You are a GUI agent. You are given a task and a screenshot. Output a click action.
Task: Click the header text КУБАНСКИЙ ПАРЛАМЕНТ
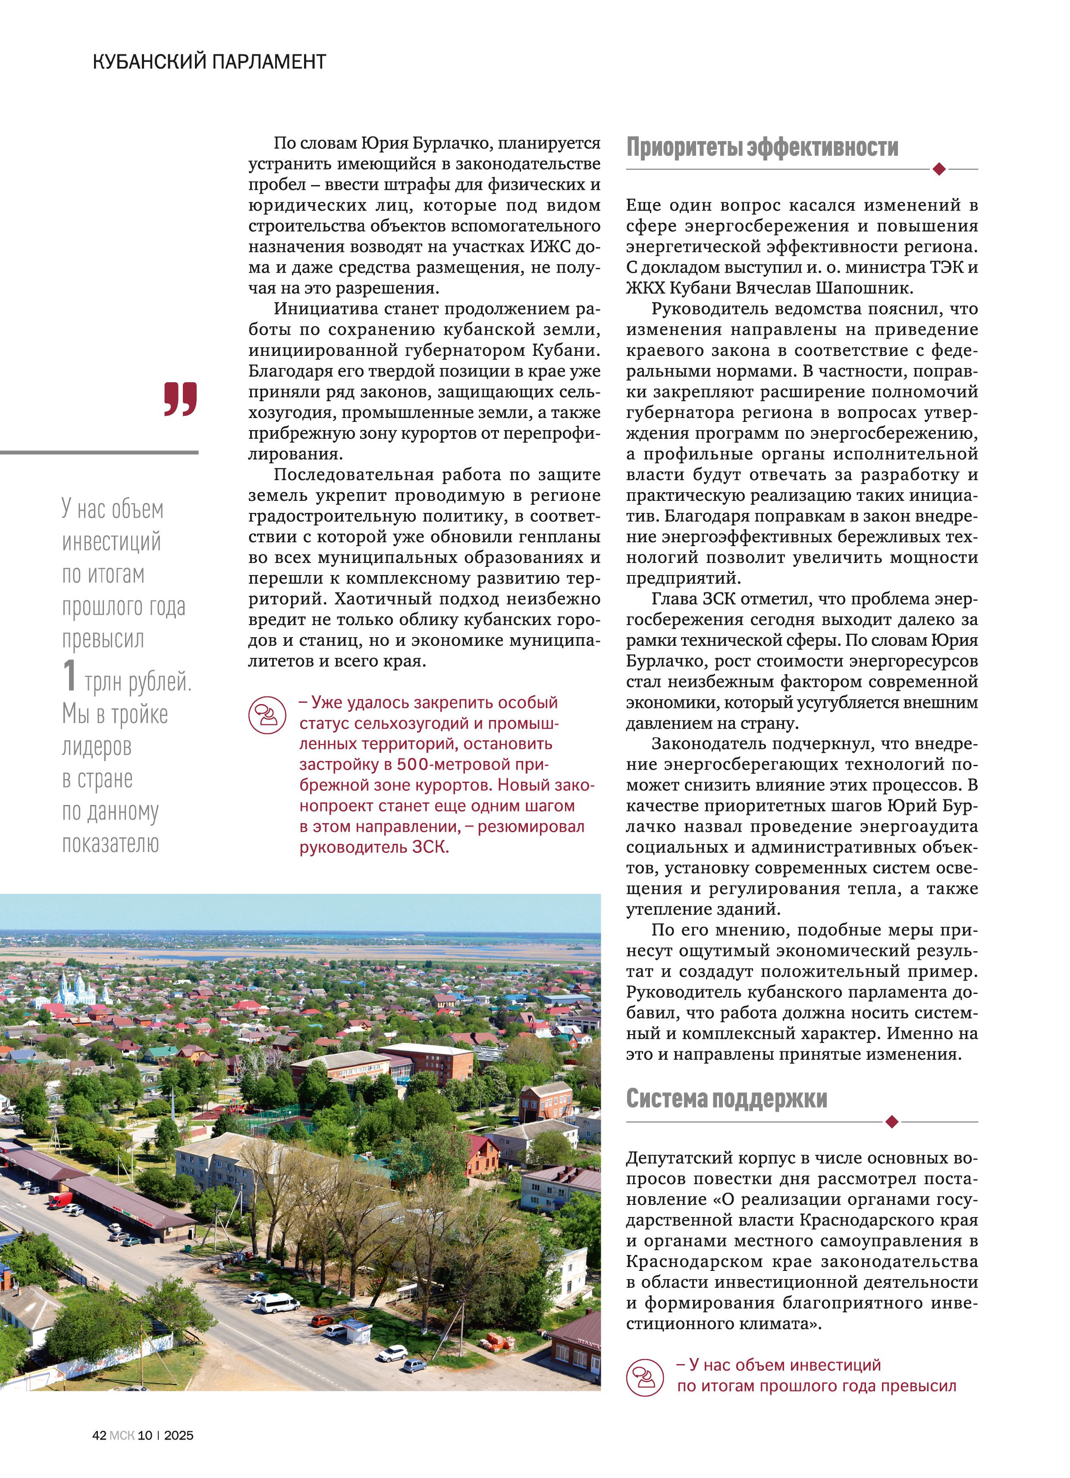click(209, 62)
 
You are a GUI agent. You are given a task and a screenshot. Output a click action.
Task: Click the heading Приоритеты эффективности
click(762, 147)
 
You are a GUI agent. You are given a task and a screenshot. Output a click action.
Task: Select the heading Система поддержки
click(726, 1098)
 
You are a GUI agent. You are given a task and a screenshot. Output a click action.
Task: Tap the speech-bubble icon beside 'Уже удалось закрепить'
click(267, 715)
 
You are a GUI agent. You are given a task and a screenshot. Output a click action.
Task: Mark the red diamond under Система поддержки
click(892, 1121)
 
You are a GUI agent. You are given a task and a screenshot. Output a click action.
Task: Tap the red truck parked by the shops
click(61, 1200)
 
